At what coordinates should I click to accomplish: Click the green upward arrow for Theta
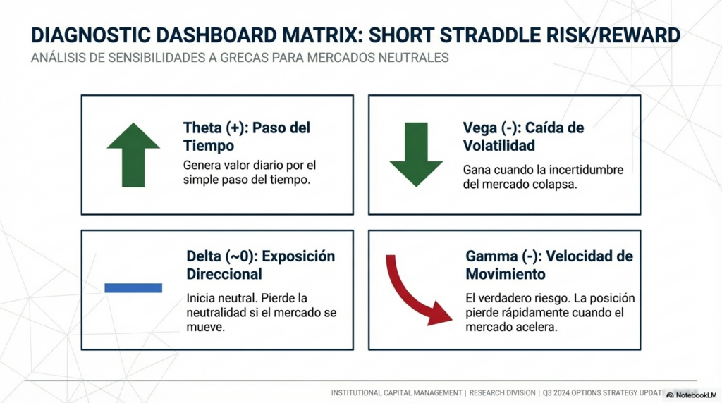point(133,154)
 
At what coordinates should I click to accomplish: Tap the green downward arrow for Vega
point(416,154)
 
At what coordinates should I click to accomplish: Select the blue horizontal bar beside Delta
point(133,288)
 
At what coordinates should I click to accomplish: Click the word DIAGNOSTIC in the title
point(91,35)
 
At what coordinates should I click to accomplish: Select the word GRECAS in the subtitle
point(244,58)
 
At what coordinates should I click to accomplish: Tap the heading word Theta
point(201,128)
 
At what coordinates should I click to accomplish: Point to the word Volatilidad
point(498,145)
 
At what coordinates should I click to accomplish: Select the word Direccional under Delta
point(224,274)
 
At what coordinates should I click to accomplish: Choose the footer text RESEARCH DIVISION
point(502,393)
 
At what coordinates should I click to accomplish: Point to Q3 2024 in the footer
point(557,393)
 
